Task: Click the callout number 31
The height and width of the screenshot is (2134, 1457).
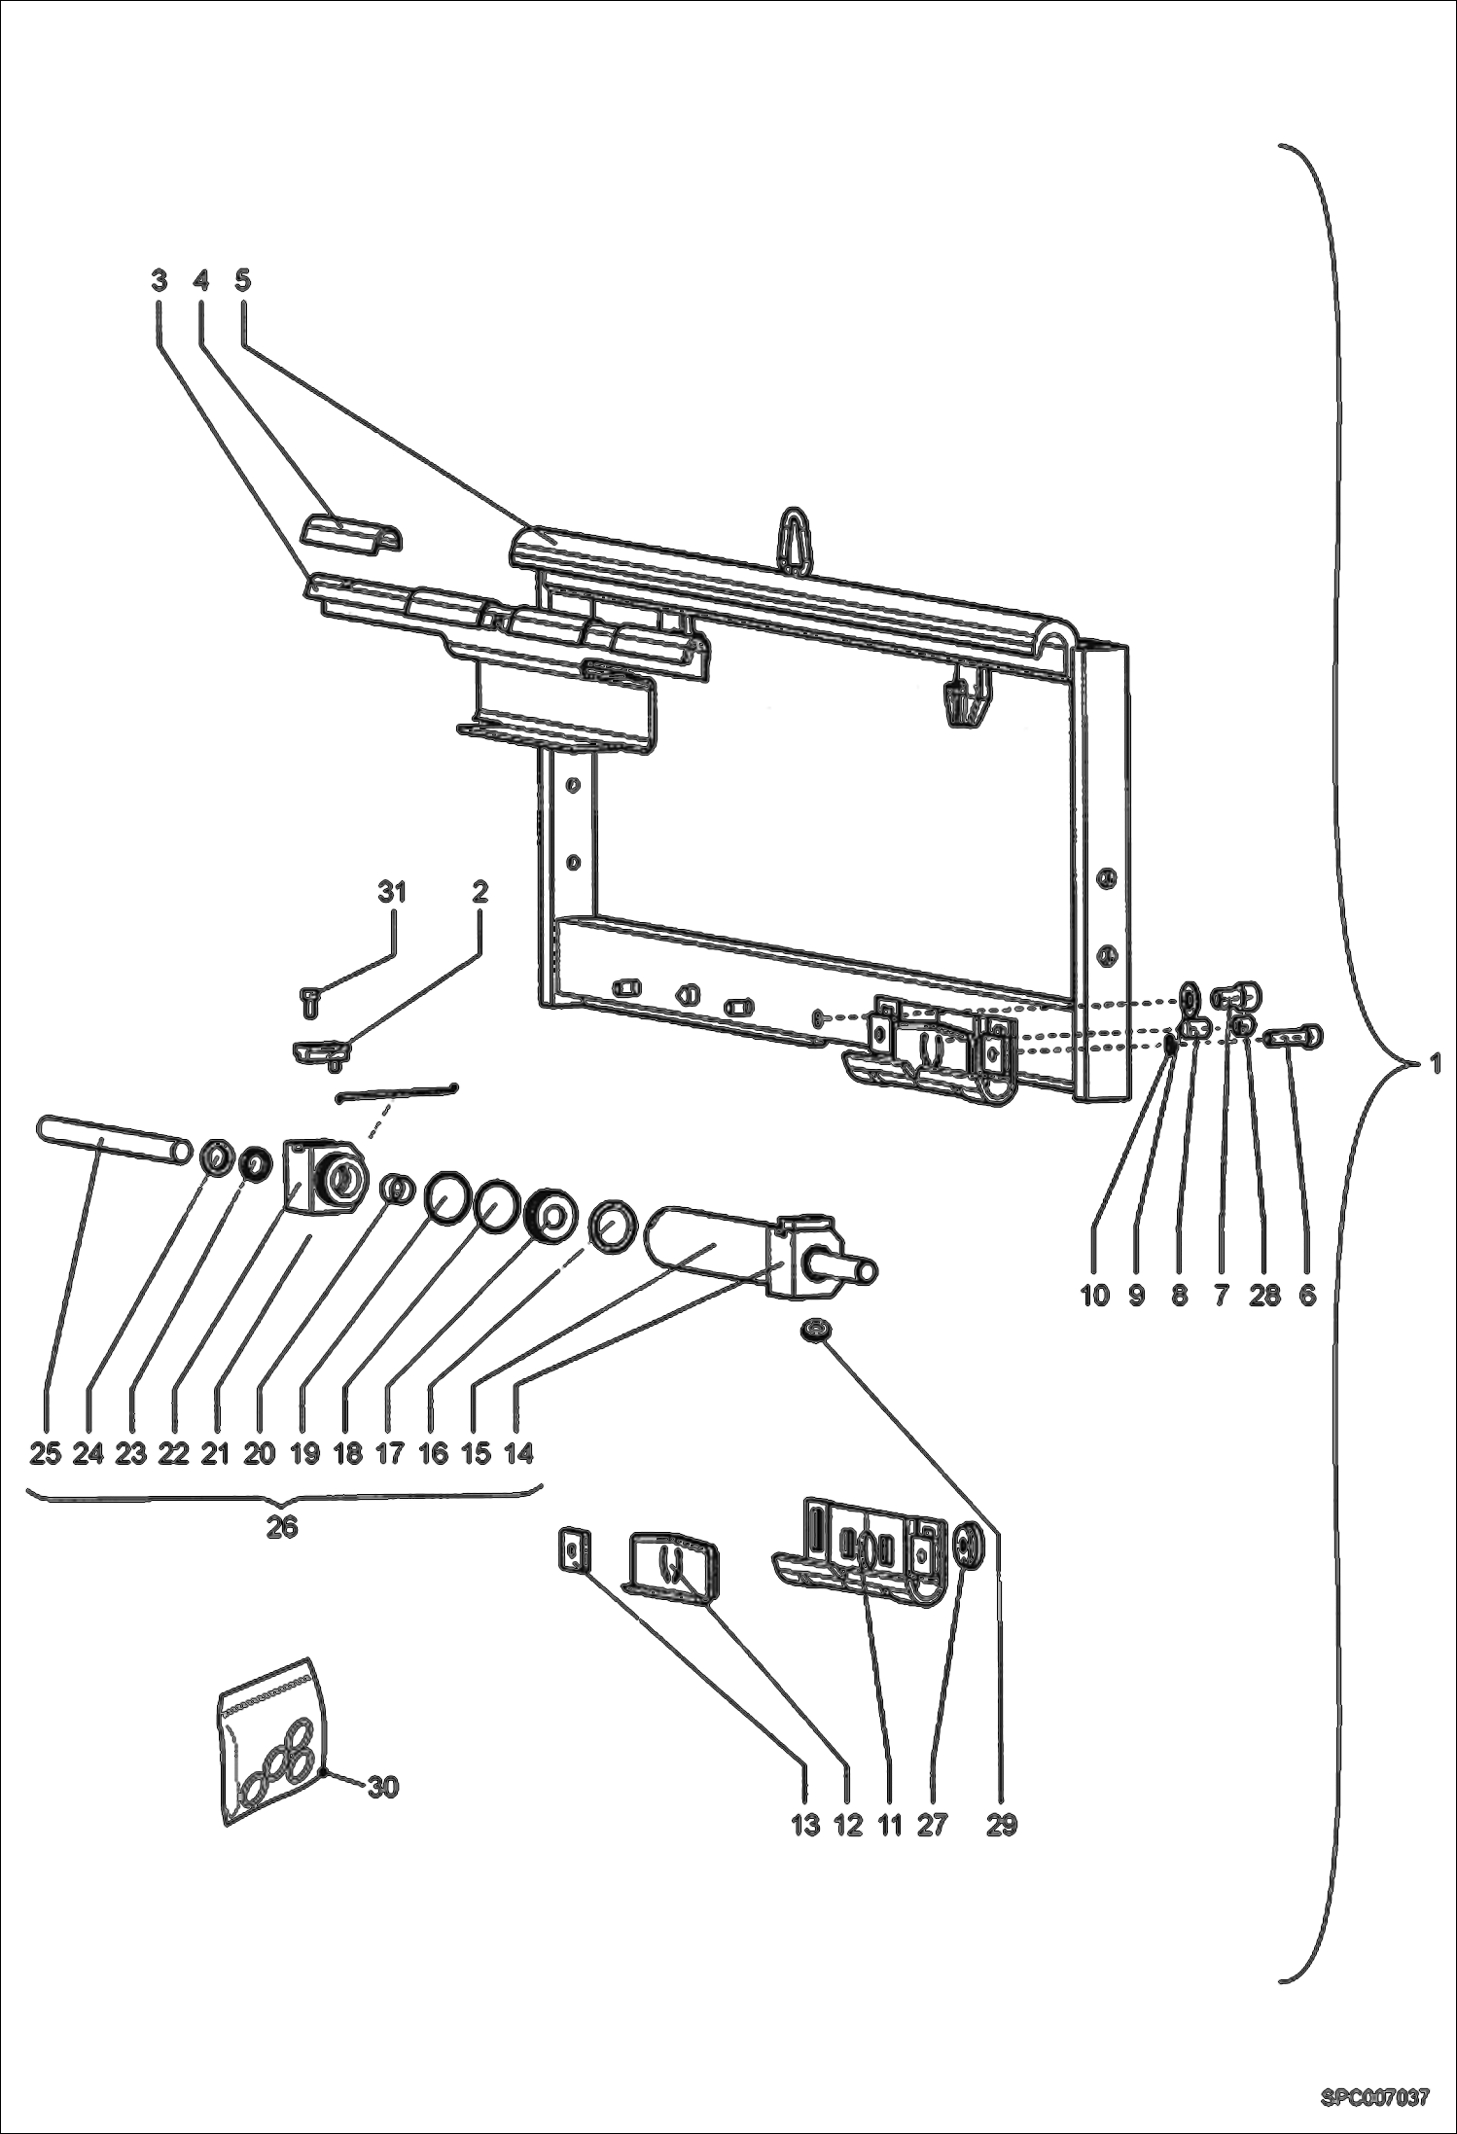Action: (392, 892)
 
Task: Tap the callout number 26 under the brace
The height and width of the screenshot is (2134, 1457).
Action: (282, 1526)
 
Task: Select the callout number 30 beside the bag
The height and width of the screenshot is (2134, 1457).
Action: (383, 1787)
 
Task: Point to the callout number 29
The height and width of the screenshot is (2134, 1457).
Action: (1001, 1826)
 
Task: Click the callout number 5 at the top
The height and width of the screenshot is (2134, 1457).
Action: (243, 280)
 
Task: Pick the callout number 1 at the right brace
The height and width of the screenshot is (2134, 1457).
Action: (1435, 1065)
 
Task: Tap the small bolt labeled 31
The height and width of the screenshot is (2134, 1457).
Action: (307, 999)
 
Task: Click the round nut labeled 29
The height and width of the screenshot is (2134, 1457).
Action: (815, 1329)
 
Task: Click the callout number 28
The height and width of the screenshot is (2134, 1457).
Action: (1263, 1295)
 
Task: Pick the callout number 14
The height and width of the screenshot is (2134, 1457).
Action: (519, 1453)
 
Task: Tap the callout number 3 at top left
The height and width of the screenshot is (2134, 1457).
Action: (159, 280)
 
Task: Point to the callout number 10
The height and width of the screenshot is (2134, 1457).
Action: (1094, 1295)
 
